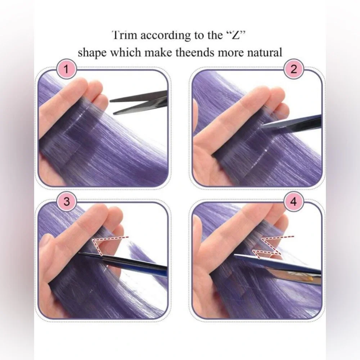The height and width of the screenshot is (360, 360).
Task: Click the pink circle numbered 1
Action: (66, 69)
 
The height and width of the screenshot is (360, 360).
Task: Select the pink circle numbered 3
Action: (66, 202)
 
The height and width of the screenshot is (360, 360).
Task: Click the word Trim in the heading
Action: (125, 35)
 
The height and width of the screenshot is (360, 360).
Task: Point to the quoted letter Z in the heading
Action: (237, 35)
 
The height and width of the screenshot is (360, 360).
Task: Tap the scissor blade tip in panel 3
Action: (80, 253)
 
